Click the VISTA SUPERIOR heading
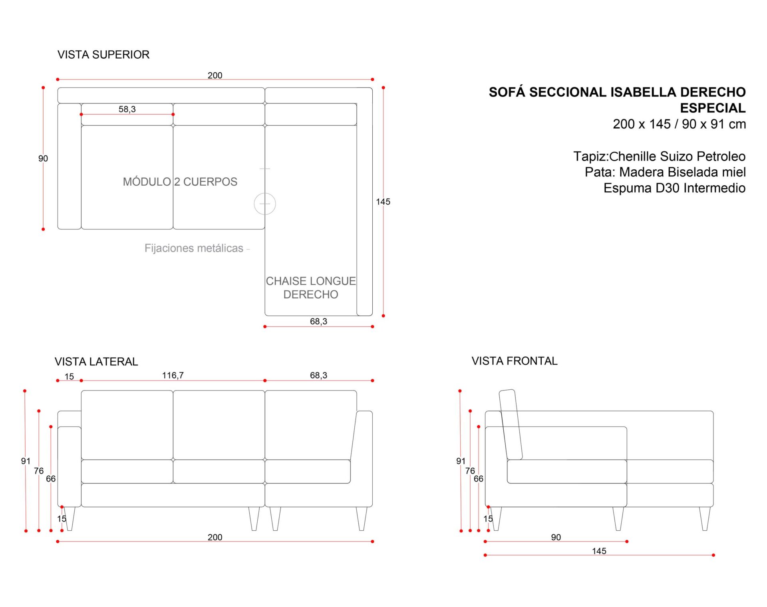tap(103, 55)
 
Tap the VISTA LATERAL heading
tap(96, 362)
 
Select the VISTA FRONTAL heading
tap(514, 361)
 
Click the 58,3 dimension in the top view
tap(127, 109)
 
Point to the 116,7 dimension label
tap(173, 375)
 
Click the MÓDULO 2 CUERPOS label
tap(180, 182)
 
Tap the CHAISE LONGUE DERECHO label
tap(311, 288)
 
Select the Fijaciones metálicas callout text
tap(194, 248)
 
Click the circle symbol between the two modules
tap(265, 204)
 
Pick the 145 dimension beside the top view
tap(383, 202)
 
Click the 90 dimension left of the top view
tap(43, 159)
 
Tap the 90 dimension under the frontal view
tap(556, 537)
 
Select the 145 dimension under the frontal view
tap(599, 551)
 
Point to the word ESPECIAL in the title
tap(713, 108)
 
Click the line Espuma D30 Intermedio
tap(674, 188)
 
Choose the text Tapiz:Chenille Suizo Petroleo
tap(659, 156)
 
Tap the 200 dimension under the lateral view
tap(215, 537)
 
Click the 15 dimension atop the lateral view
tap(69, 377)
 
